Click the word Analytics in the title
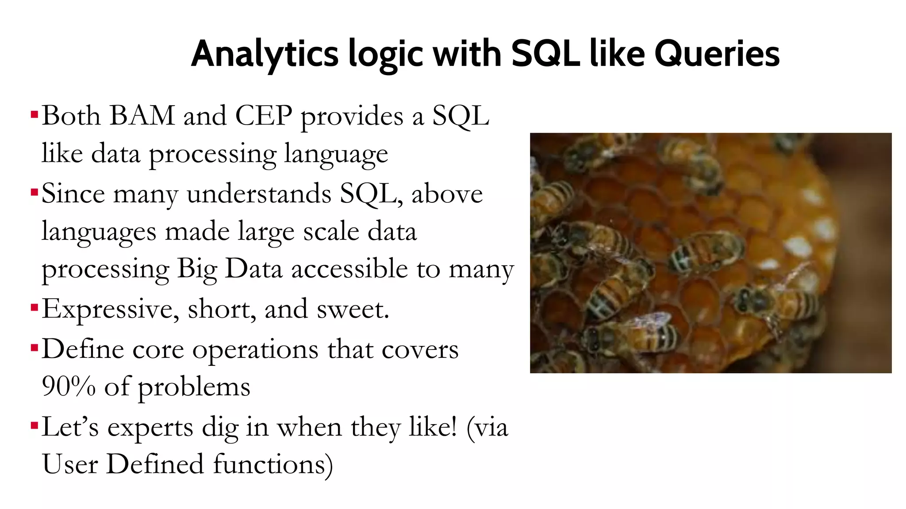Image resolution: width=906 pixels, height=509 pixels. click(265, 54)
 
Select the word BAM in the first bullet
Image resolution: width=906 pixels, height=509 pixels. click(142, 116)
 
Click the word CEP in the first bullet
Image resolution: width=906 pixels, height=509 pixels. click(264, 116)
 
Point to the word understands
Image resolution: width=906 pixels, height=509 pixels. click(259, 194)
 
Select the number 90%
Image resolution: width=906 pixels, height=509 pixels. click(69, 386)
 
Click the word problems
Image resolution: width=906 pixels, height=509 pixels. click(194, 387)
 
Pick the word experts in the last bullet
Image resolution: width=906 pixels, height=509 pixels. click(151, 428)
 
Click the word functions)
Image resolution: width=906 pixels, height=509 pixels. click(273, 464)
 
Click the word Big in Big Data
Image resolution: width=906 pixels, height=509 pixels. click(197, 270)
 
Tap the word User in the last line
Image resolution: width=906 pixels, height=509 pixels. click(69, 464)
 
